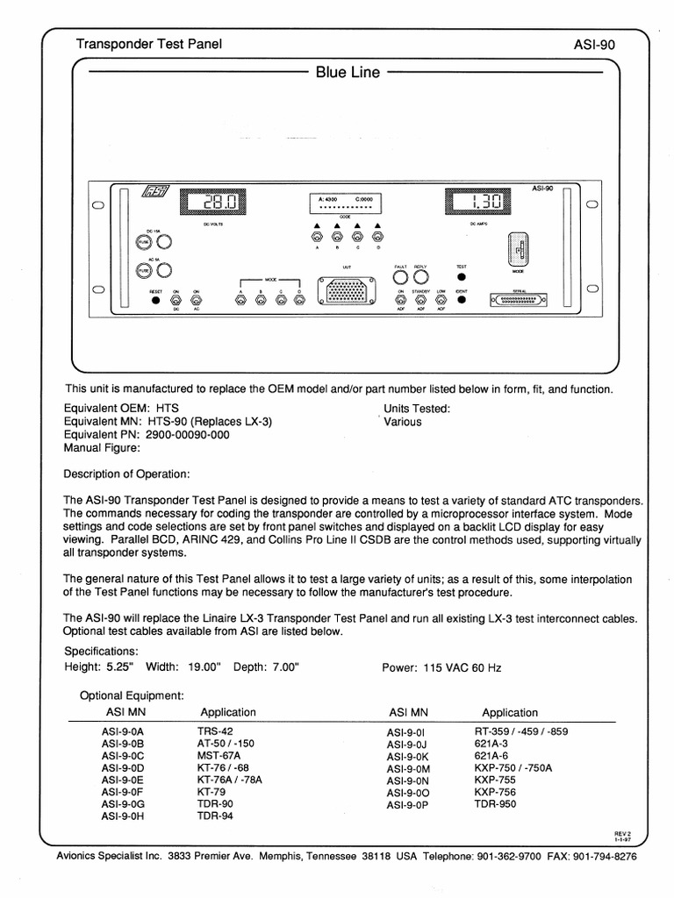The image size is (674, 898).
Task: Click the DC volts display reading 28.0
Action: [x=213, y=203]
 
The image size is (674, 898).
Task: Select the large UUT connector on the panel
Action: [x=349, y=292]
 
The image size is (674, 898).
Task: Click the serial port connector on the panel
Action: [x=525, y=298]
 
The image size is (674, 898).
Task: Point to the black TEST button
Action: [x=462, y=277]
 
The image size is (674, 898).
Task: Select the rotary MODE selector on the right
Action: [x=518, y=249]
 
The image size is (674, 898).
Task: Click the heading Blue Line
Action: [x=348, y=73]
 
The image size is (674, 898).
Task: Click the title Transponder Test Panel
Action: [x=149, y=43]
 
